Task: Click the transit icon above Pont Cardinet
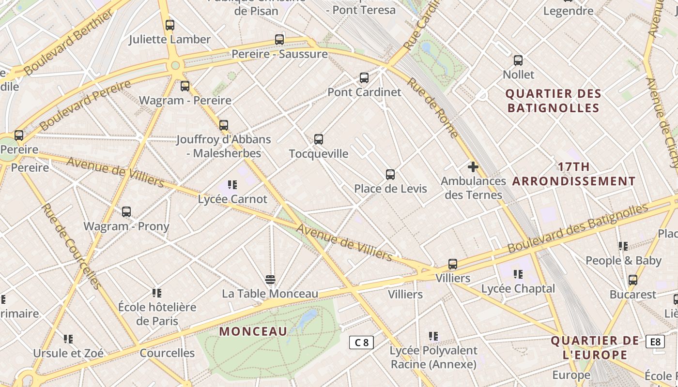click(x=364, y=77)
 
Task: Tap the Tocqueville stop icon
click(x=319, y=139)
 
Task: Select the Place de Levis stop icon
click(x=390, y=175)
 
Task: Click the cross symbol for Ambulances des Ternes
click(x=473, y=167)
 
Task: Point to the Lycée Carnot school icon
click(x=232, y=185)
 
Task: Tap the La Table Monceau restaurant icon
click(x=270, y=280)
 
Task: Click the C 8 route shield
click(x=361, y=342)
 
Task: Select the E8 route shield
click(x=655, y=342)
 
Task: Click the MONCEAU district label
click(x=253, y=331)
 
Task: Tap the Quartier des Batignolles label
click(x=554, y=101)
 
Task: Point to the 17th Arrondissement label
click(x=574, y=174)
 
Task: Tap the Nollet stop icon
click(x=518, y=60)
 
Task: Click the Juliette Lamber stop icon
click(x=169, y=25)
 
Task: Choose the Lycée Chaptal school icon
click(x=518, y=274)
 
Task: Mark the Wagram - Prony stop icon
click(x=126, y=212)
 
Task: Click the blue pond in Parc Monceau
click(x=306, y=320)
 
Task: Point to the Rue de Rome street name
click(x=432, y=107)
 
